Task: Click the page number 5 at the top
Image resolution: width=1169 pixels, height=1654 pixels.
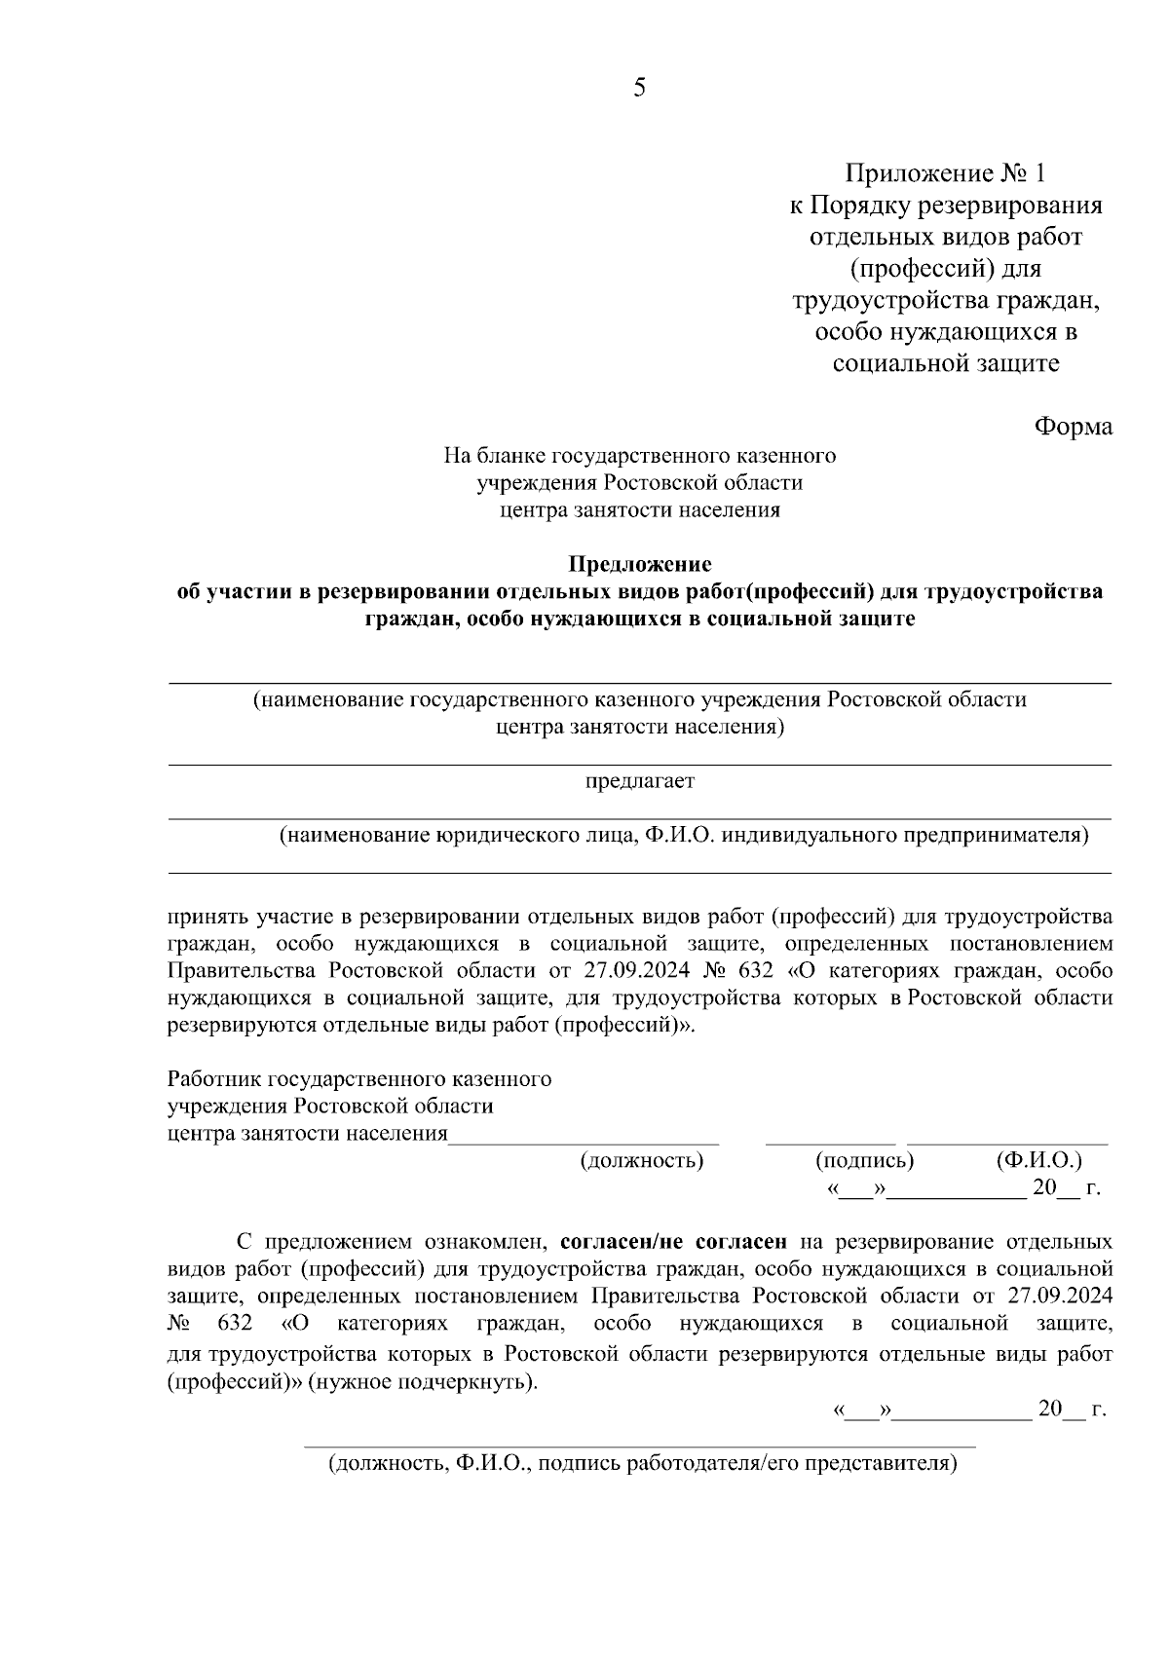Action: tap(639, 89)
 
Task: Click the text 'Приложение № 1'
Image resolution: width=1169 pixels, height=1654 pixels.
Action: tap(944, 173)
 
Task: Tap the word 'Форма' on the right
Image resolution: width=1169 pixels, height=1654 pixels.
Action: tap(1073, 427)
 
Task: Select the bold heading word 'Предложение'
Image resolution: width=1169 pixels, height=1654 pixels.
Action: tap(640, 565)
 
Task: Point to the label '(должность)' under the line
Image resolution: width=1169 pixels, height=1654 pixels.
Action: tap(642, 1160)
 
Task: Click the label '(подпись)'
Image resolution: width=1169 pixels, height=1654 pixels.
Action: tap(864, 1160)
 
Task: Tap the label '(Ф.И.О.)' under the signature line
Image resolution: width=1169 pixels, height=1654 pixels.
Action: tap(1038, 1160)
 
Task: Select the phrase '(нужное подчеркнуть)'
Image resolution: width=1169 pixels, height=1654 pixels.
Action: tap(422, 1382)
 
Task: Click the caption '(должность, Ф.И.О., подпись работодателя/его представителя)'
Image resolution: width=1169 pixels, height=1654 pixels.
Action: tap(642, 1463)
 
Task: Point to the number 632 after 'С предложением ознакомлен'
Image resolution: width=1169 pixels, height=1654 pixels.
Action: tap(236, 1324)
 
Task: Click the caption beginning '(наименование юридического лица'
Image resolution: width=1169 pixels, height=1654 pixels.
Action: tap(683, 835)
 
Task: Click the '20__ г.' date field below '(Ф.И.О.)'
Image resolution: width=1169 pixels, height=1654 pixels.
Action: tap(1066, 1187)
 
